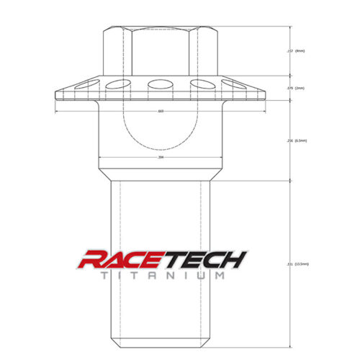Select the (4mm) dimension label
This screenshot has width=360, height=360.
pos(300,51)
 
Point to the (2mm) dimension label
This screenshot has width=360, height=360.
pos(300,88)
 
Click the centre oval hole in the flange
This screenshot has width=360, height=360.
pos(159,86)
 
